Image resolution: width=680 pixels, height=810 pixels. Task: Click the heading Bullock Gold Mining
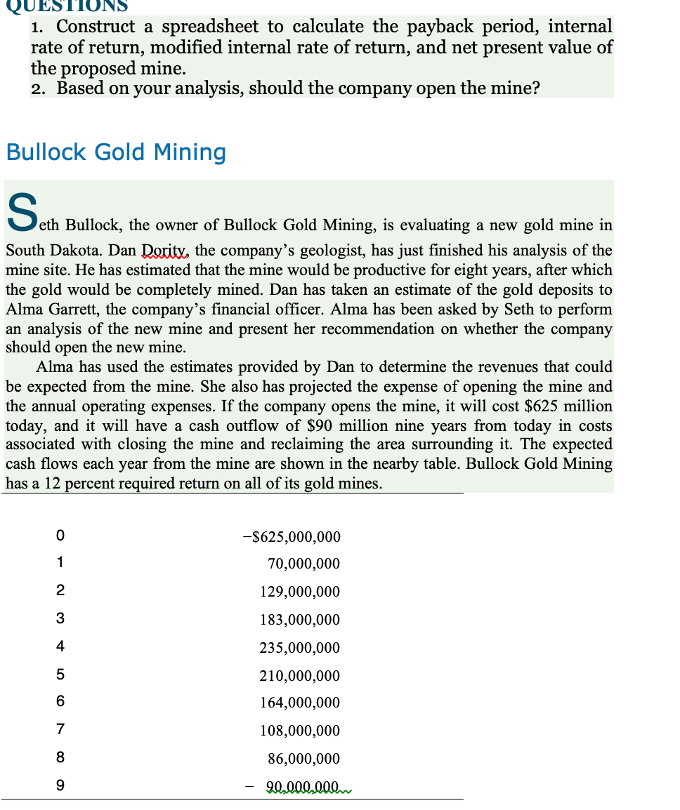coord(116,152)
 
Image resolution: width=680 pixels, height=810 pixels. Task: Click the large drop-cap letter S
coord(21,211)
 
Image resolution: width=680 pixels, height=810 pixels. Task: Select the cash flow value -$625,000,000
coord(291,537)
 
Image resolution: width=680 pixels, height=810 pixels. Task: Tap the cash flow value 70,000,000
coord(303,564)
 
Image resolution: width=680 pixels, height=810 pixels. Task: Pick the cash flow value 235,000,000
coord(299,648)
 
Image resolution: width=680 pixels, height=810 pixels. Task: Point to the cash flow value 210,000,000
coord(299,676)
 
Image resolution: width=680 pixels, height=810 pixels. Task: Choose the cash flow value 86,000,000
coord(303,759)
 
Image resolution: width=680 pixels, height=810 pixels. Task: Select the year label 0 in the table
coord(60,536)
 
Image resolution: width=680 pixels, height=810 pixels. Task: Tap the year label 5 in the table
coord(60,675)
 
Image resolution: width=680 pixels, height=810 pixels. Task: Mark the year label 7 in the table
coord(60,730)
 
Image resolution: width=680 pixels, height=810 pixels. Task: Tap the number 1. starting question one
coord(39,27)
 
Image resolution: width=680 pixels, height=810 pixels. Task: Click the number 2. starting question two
coord(39,88)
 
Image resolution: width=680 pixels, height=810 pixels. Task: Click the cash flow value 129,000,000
coord(299,592)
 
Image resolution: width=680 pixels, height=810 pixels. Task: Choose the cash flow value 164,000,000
coord(299,703)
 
